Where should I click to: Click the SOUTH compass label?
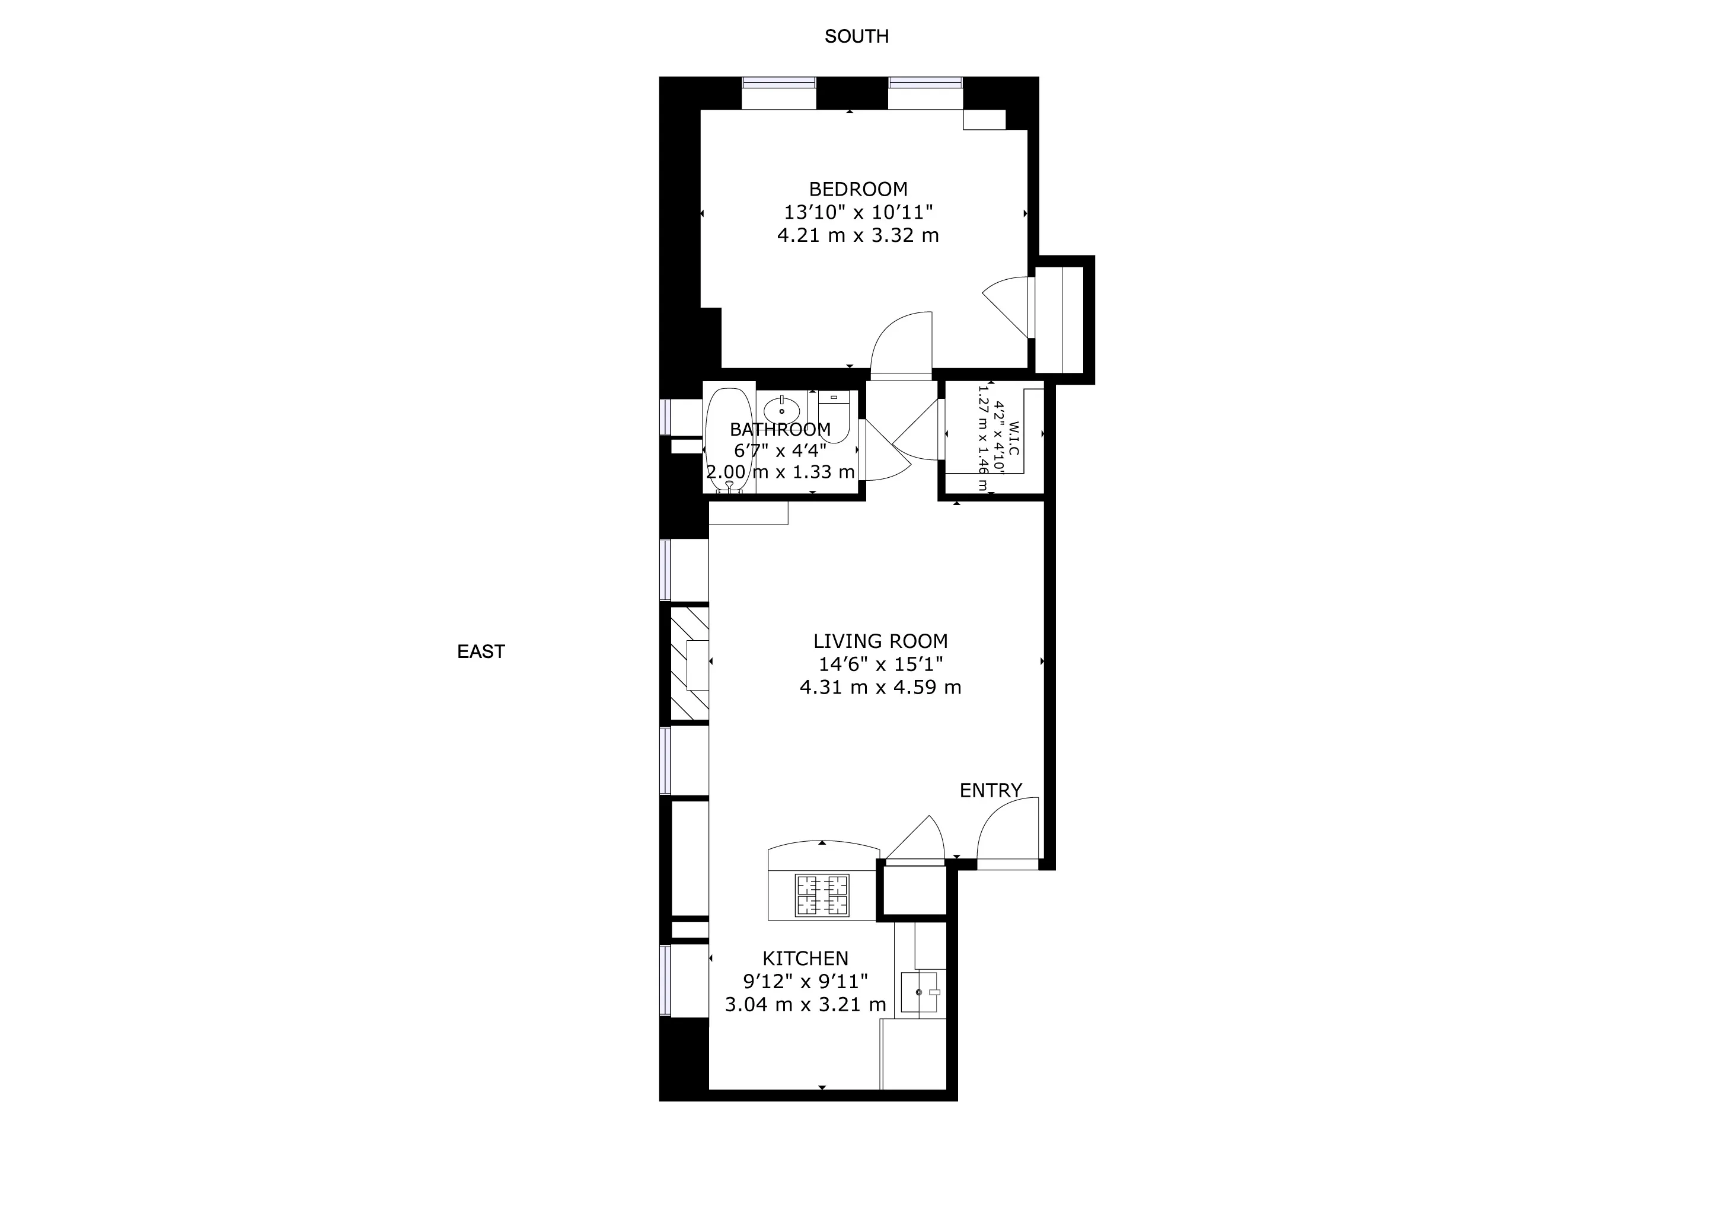click(x=856, y=36)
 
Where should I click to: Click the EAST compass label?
click(x=481, y=651)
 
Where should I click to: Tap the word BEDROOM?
click(x=858, y=189)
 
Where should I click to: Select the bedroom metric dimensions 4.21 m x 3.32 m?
click(x=858, y=235)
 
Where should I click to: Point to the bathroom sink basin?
click(x=781, y=410)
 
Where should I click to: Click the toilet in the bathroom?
click(x=833, y=415)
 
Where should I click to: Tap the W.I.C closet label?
click(x=1013, y=438)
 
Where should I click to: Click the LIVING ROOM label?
click(x=880, y=641)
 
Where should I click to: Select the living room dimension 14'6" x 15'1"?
click(x=880, y=664)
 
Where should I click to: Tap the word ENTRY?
click(x=990, y=790)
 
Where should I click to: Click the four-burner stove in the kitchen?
click(x=822, y=895)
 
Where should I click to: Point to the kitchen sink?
click(x=920, y=992)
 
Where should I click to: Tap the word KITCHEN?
click(x=805, y=959)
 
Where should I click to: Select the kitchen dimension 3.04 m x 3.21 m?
click(x=805, y=1005)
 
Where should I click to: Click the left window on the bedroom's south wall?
click(x=778, y=83)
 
